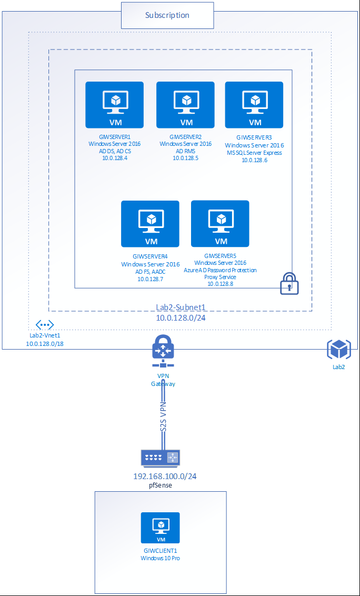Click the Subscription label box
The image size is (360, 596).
click(167, 15)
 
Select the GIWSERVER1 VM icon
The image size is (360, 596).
click(115, 104)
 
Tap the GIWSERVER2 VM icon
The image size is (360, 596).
click(185, 104)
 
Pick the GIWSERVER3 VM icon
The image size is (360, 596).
click(254, 104)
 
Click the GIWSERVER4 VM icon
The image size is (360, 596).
click(150, 223)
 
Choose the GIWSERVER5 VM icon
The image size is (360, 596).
click(220, 223)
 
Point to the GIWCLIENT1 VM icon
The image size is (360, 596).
click(160, 528)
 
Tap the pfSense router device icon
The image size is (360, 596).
click(161, 458)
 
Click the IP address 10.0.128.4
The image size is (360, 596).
click(115, 157)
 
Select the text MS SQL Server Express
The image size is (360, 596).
click(254, 153)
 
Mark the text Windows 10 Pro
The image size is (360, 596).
click(160, 558)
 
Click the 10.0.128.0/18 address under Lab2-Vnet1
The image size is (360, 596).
click(44, 343)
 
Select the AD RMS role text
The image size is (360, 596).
click(185, 151)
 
